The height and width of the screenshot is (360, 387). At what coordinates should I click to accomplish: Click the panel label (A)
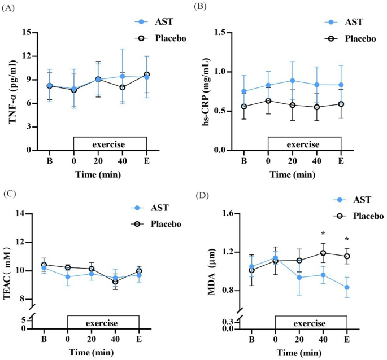coord(10,7)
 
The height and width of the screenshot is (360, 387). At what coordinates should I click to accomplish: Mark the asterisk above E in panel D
coord(347,239)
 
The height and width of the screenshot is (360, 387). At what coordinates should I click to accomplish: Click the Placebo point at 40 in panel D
coord(323,253)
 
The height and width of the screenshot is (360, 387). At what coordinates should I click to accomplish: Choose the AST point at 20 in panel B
coord(293,81)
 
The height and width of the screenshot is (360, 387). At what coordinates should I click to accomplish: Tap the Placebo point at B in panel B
coord(244,107)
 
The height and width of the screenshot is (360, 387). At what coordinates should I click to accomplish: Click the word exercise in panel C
coord(102,323)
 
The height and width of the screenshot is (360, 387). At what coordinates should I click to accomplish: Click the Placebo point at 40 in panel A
coord(122,87)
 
